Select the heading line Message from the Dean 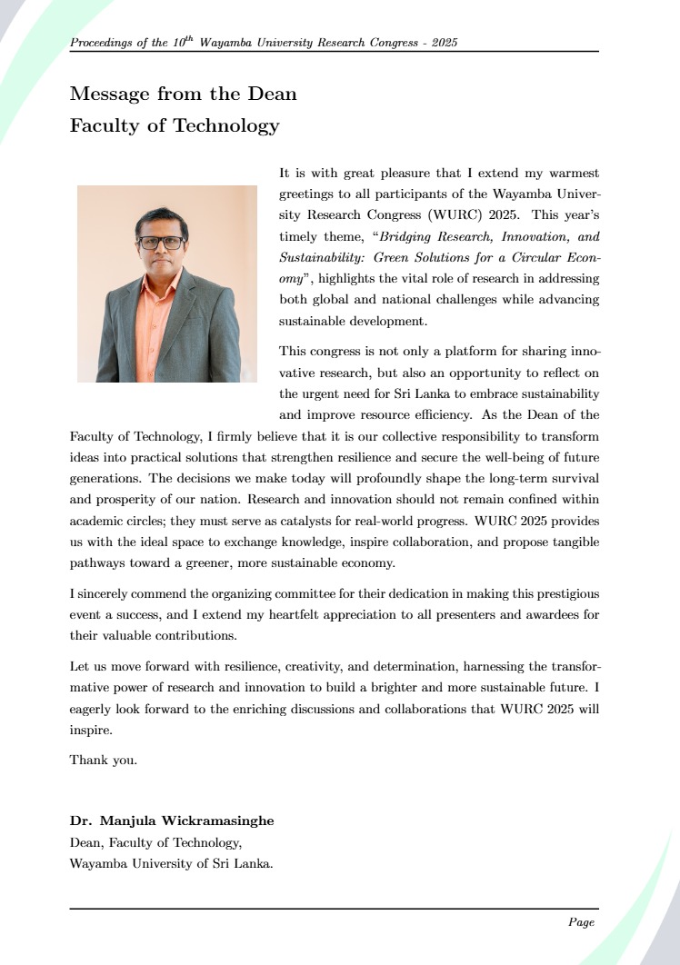pos(183,93)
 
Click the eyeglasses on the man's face pos(160,243)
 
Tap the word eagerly pos(92,709)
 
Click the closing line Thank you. pos(103,760)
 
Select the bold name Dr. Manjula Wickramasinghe pos(172,821)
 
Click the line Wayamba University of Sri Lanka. pos(172,863)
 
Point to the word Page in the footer pos(581,922)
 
